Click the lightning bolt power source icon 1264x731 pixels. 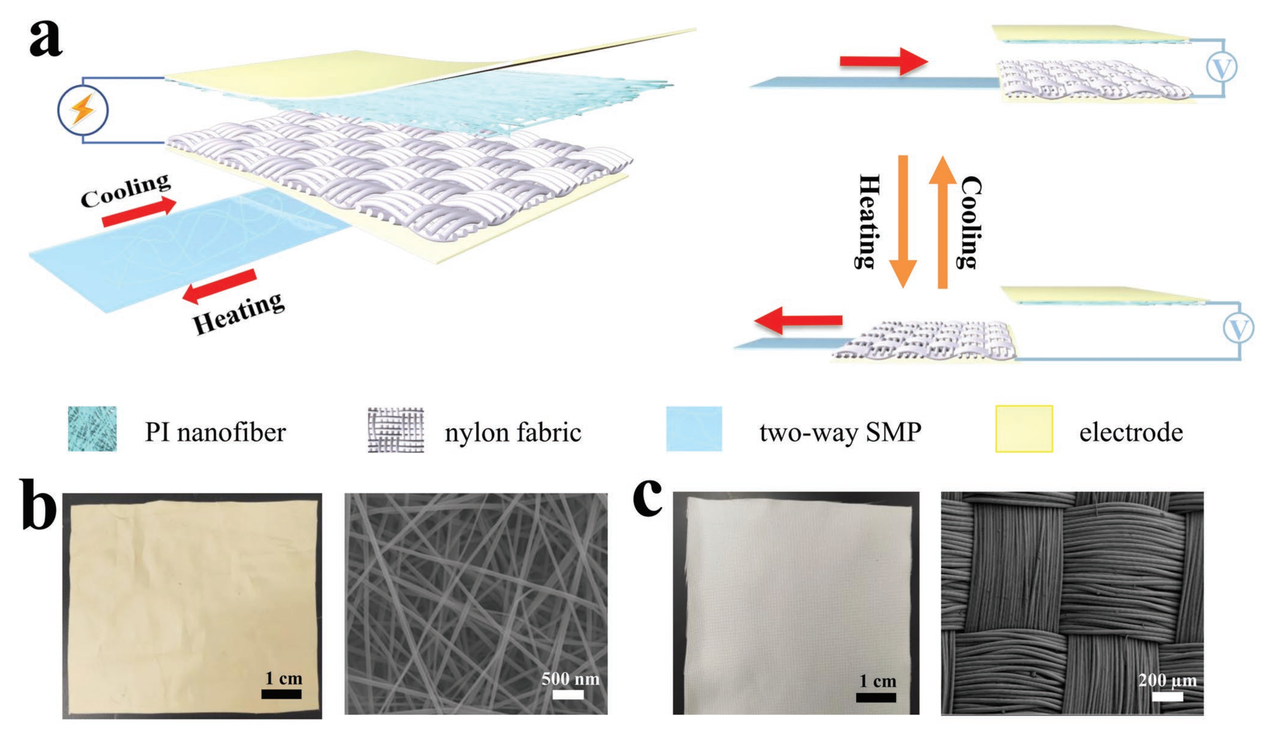[x=82, y=110]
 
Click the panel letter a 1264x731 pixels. [x=46, y=39]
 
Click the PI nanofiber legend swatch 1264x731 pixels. [x=92, y=429]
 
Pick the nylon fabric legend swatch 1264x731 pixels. [x=396, y=430]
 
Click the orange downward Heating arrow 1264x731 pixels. [x=903, y=222]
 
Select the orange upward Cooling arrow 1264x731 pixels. [x=942, y=222]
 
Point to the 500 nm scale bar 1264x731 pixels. [x=568, y=695]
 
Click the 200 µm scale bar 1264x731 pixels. [x=1167, y=697]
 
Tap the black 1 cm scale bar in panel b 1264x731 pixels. [x=281, y=694]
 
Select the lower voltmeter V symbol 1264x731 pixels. [x=1238, y=329]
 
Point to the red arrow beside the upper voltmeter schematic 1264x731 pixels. [x=884, y=62]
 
